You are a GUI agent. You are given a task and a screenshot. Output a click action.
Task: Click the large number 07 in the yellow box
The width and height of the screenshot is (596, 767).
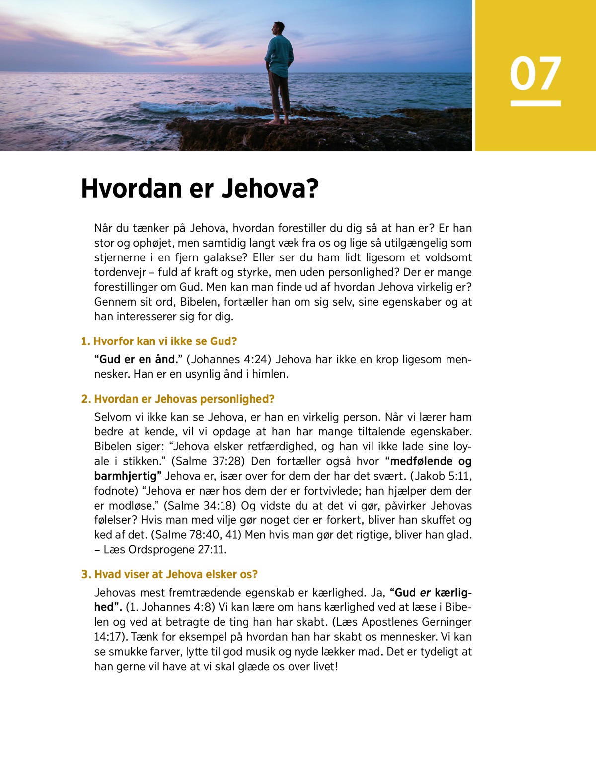coord(535,74)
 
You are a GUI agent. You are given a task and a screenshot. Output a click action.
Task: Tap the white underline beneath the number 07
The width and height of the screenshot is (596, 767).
coord(535,103)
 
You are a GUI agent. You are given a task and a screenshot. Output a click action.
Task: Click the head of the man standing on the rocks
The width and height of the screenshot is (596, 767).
coord(279,29)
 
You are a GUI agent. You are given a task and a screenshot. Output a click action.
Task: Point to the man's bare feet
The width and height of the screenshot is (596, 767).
coord(279,121)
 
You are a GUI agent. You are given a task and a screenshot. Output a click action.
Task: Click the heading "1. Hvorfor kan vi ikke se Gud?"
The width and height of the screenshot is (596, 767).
coord(159,341)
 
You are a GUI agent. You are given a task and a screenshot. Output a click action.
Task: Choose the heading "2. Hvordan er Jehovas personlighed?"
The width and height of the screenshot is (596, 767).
coord(178,399)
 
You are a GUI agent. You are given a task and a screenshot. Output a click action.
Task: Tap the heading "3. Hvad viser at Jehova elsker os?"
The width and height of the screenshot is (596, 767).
coord(169,575)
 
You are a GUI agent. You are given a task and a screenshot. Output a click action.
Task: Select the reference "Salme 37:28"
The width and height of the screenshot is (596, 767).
coord(208,461)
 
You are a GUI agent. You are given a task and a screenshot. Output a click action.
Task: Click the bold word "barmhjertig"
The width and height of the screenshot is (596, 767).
coord(125,476)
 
